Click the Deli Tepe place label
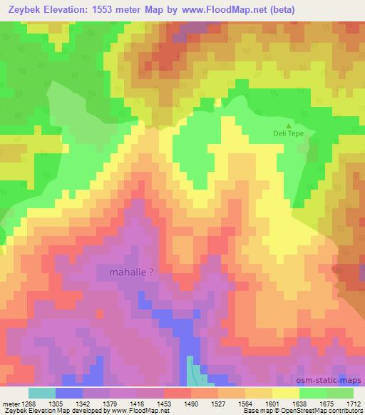coord(288,133)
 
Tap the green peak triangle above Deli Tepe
coord(288,125)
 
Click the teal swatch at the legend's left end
coord(41,393)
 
